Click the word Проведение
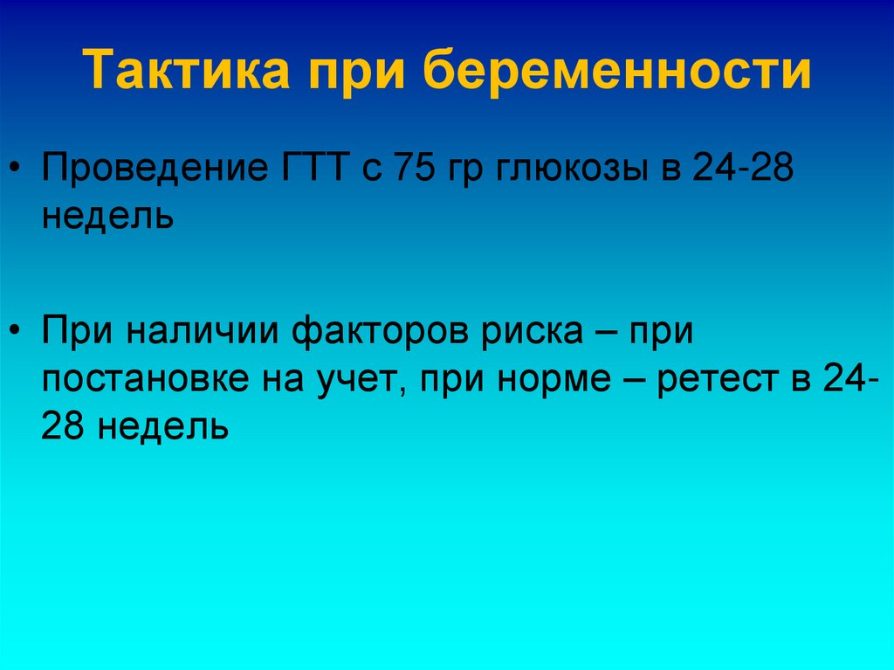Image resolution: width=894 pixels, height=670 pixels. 149,166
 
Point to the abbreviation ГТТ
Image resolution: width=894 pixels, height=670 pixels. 310,166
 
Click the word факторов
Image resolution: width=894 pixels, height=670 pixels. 383,332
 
